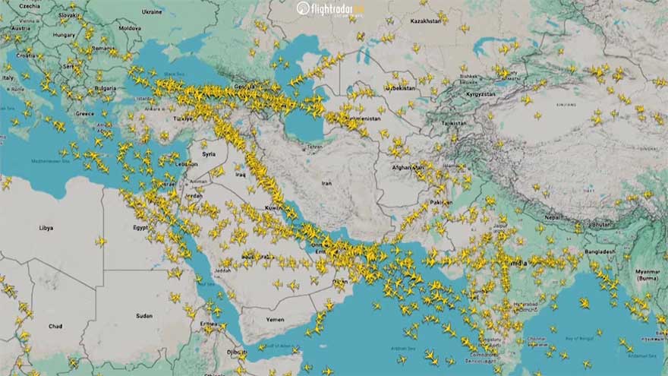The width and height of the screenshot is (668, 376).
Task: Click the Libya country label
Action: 46,227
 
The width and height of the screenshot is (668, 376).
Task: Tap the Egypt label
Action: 141,227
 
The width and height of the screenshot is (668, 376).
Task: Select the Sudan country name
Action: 143,315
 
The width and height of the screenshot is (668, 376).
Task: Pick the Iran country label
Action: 327,183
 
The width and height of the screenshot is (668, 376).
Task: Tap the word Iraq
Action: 241,174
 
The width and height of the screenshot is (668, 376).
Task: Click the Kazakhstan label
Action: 427,21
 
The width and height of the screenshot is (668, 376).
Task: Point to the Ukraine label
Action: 152,12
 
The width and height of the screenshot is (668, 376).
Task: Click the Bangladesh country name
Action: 600,251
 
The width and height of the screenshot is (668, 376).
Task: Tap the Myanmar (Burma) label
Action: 648,276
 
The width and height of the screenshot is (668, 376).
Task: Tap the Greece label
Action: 84,113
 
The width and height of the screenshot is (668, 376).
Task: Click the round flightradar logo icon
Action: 304,8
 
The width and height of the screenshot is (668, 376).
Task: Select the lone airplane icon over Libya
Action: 101,242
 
